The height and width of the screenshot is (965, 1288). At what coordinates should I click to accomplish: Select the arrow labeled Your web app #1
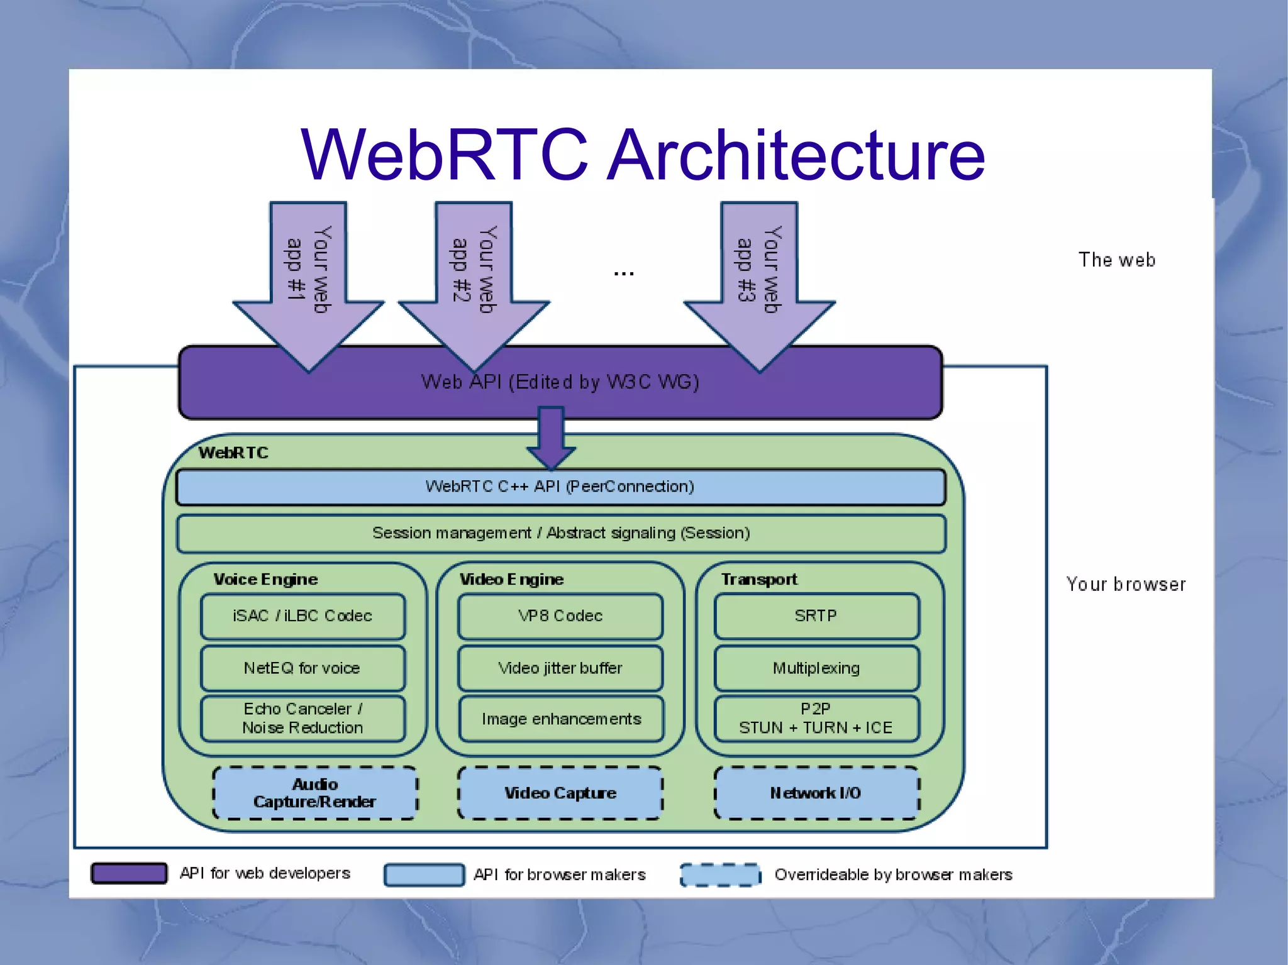point(308,277)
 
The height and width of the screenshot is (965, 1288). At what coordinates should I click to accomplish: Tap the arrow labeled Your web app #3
point(759,277)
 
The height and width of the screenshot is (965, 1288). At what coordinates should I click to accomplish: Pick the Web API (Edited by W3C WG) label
point(560,382)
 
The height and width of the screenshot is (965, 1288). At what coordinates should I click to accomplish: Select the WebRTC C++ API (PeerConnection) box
point(560,487)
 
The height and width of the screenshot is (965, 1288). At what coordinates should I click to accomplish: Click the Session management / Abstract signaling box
point(560,533)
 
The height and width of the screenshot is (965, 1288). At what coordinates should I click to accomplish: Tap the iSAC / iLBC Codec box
point(303,616)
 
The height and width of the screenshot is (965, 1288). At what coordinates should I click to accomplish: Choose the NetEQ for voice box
point(303,668)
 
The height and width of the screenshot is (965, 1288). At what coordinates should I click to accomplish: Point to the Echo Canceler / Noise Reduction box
point(303,718)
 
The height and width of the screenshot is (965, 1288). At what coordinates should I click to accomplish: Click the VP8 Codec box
point(560,616)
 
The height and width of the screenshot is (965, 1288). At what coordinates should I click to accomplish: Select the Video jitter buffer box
point(560,668)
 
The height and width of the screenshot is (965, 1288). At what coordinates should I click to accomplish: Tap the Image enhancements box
point(560,719)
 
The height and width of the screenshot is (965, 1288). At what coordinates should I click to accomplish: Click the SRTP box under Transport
point(816,616)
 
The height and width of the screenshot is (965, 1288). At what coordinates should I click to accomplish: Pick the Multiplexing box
point(816,668)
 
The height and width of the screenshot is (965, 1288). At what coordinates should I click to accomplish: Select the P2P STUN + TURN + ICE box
point(816,718)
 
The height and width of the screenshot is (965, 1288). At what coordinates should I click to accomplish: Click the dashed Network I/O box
point(816,793)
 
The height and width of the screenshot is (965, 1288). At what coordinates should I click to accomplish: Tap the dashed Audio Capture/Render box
point(314,793)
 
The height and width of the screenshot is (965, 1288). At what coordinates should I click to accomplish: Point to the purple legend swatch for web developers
point(129,873)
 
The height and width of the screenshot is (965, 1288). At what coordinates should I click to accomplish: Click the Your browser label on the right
point(1126,584)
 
